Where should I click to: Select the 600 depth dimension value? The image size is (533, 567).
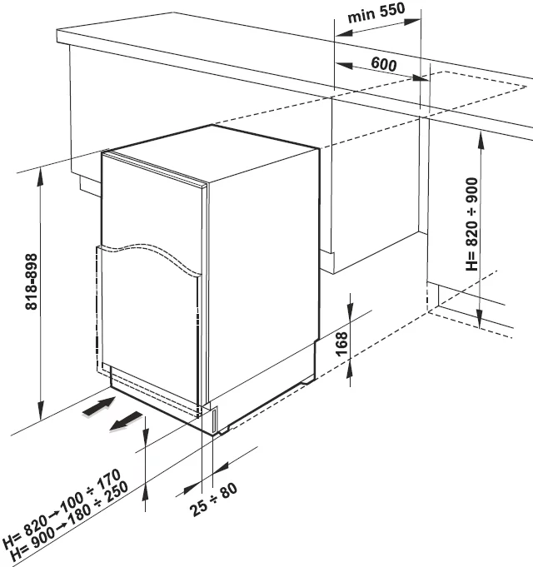[384, 64]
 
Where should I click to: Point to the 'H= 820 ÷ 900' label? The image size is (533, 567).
[472, 224]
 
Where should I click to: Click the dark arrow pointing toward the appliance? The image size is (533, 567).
[97, 407]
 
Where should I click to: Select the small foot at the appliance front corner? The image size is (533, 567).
[220, 421]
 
